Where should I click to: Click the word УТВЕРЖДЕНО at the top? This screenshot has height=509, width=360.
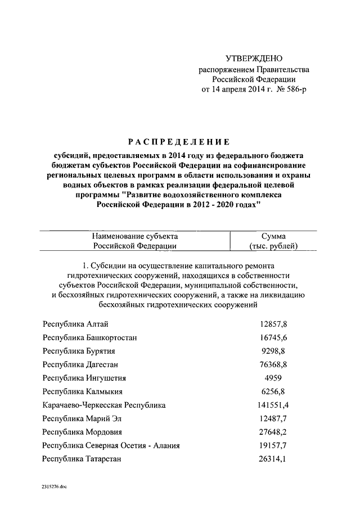254,58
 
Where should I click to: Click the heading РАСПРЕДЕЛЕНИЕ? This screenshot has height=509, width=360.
179,141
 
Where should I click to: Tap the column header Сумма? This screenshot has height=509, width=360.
273,236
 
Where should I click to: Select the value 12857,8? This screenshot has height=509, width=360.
273,324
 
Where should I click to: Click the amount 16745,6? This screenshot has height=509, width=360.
273,337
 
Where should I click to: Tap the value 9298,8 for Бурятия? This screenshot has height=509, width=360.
273,351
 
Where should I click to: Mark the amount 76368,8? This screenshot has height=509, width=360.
273,364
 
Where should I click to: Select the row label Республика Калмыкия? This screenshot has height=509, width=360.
82,391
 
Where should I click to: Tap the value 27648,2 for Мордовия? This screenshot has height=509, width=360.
273,432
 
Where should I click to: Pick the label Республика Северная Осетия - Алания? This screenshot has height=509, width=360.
111,445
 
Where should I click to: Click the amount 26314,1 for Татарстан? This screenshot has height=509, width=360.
273,459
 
